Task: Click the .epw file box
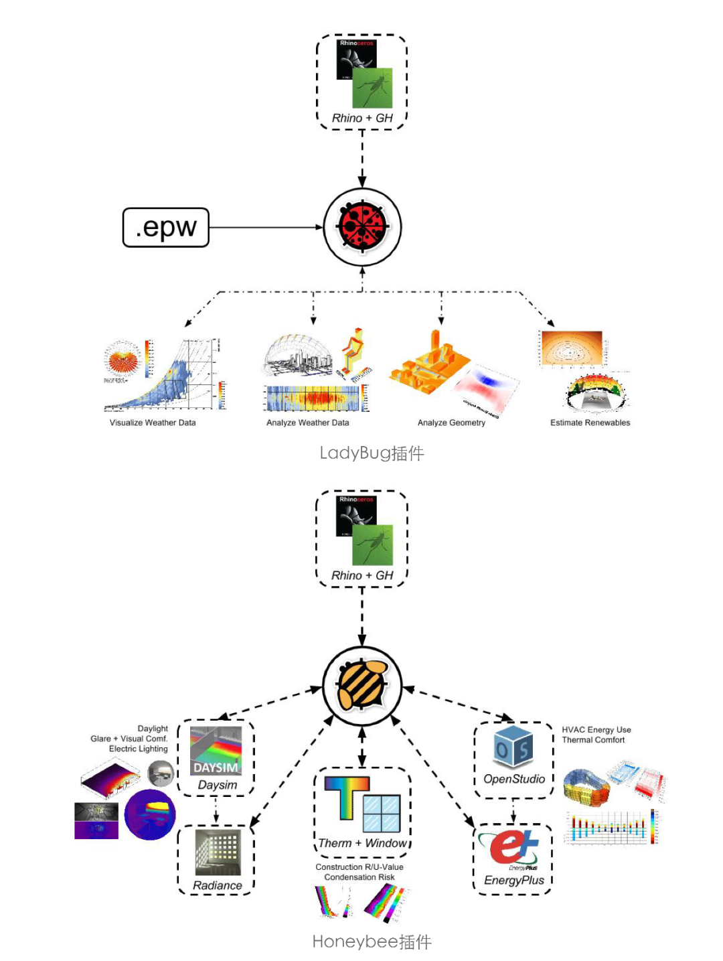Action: pyautogui.click(x=165, y=228)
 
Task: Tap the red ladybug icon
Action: pyautogui.click(x=362, y=227)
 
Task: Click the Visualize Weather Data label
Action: pyautogui.click(x=153, y=423)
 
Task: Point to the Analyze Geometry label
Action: pyautogui.click(x=451, y=423)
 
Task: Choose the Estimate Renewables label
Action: pyautogui.click(x=590, y=423)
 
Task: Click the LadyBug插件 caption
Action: pyautogui.click(x=372, y=453)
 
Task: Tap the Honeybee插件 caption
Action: pyautogui.click(x=372, y=942)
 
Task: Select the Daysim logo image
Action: pyautogui.click(x=216, y=751)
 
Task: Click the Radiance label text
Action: pyautogui.click(x=217, y=885)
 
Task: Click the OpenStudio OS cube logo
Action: pyautogui.click(x=513, y=746)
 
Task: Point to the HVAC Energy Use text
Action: pyautogui.click(x=596, y=730)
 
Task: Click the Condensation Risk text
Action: pyautogui.click(x=359, y=877)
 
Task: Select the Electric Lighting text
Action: pyautogui.click(x=138, y=749)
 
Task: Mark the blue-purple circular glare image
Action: pyautogui.click(x=150, y=814)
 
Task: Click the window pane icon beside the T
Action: pyautogui.click(x=382, y=812)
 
